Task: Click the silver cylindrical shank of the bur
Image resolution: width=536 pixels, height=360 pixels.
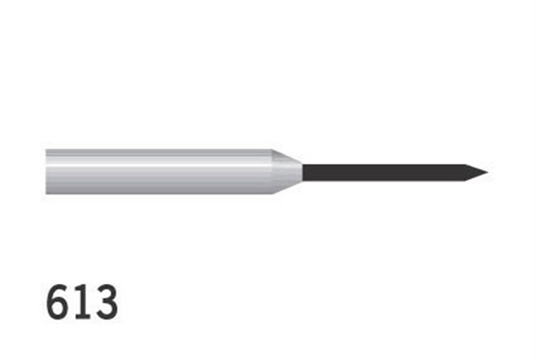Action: [x=157, y=172]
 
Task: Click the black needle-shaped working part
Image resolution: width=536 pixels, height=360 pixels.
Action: [x=380, y=172]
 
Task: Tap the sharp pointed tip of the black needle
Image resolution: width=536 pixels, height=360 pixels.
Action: [x=485, y=172]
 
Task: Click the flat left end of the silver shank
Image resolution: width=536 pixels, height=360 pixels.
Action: [x=47, y=172]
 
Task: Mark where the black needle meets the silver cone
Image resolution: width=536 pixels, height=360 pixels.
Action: [x=303, y=172]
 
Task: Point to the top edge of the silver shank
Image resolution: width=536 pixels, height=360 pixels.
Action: [x=157, y=151]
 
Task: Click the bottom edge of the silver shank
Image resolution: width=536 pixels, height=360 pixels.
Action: [x=157, y=194]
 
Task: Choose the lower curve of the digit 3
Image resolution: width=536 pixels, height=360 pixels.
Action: [x=107, y=311]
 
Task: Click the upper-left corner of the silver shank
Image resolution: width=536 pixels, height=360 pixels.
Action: [x=47, y=151]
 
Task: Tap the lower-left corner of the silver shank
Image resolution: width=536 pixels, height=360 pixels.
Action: [x=47, y=194]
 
